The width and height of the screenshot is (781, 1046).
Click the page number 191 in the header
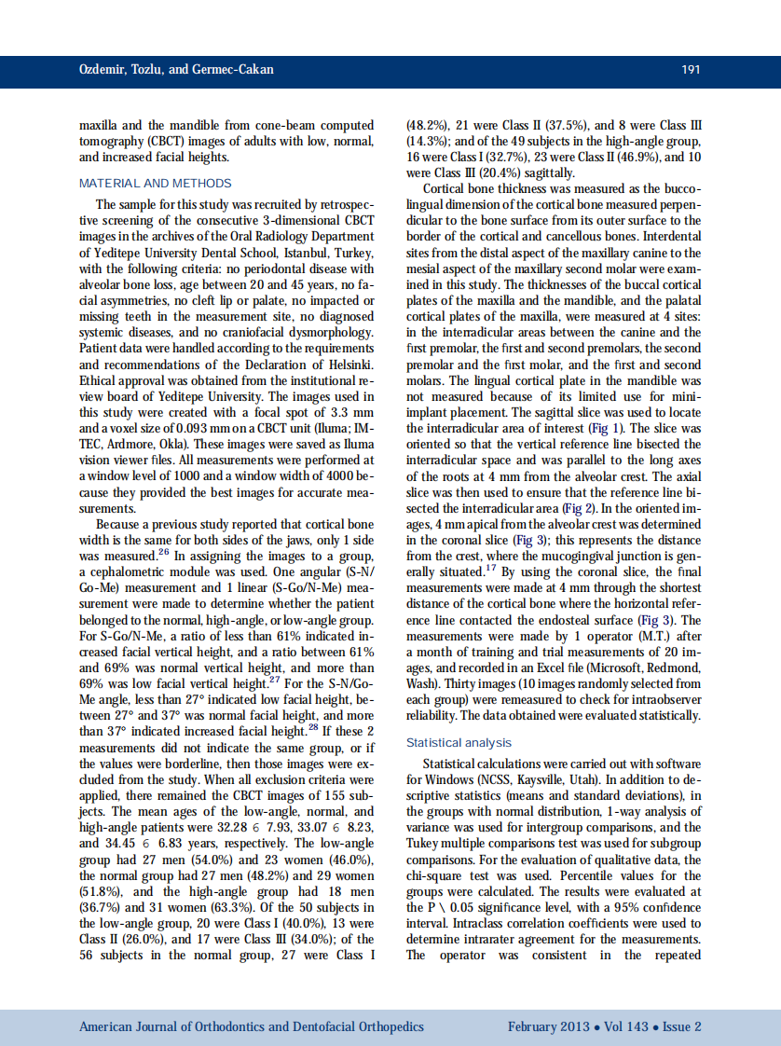[690, 70]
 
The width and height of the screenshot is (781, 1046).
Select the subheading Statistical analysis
[459, 742]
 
